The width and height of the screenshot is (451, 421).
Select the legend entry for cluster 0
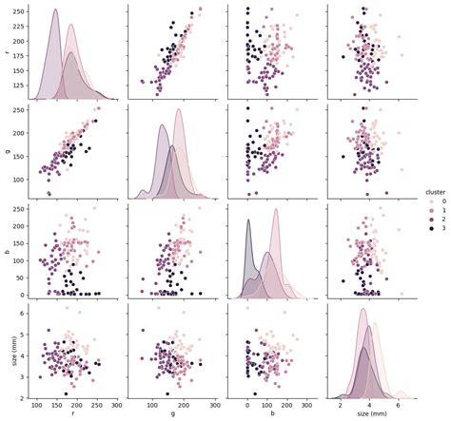tap(433, 202)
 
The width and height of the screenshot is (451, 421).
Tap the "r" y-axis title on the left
tap(8, 54)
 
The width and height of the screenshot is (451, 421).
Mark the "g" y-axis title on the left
tap(8, 153)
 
